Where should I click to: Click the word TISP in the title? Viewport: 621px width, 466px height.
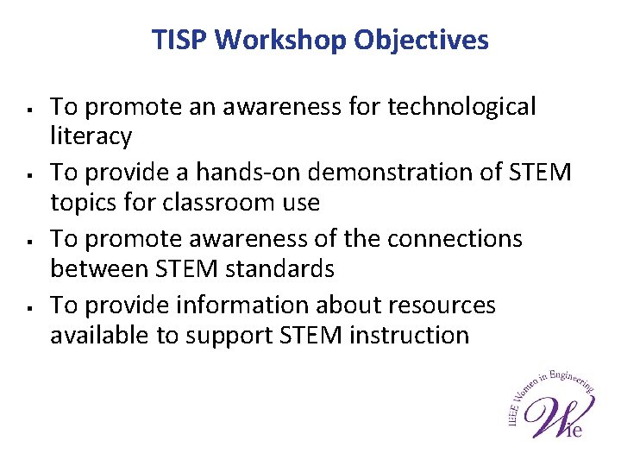[179, 40]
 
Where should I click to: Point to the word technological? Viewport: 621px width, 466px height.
[461, 107]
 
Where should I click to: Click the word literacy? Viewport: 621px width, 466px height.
[91, 136]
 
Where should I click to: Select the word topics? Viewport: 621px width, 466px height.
[84, 203]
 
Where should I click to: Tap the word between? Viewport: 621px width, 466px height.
[100, 269]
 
